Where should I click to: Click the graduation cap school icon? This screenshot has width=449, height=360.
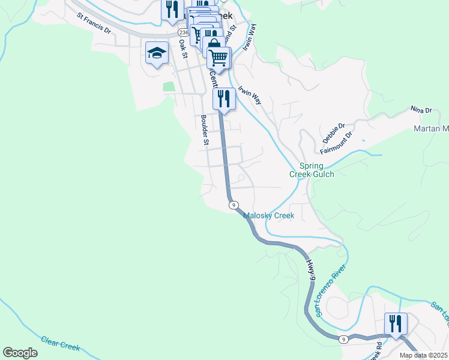coord(157,53)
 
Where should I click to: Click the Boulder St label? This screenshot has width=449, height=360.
coord(204,130)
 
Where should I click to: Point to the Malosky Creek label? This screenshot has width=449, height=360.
coord(270,215)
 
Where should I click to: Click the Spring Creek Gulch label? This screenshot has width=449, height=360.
coord(312,170)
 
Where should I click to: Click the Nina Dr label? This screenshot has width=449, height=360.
coord(421,110)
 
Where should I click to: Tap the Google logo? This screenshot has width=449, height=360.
coord(20,353)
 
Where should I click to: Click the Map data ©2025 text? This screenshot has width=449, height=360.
coord(423,355)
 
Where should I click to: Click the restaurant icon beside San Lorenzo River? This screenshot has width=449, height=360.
coord(396,323)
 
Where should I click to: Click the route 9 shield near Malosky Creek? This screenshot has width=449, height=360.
coord(233,205)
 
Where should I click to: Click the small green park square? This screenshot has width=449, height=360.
coord(169,86)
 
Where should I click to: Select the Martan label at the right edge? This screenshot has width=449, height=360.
coord(432,129)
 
